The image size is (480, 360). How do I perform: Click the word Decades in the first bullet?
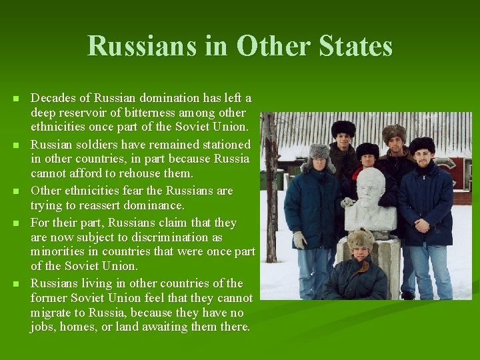point(53,98)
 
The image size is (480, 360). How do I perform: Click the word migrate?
point(52,313)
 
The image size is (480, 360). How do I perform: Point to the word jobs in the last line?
point(41,327)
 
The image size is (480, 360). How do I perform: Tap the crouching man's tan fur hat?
point(361,238)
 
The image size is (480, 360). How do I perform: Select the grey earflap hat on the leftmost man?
point(318,151)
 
